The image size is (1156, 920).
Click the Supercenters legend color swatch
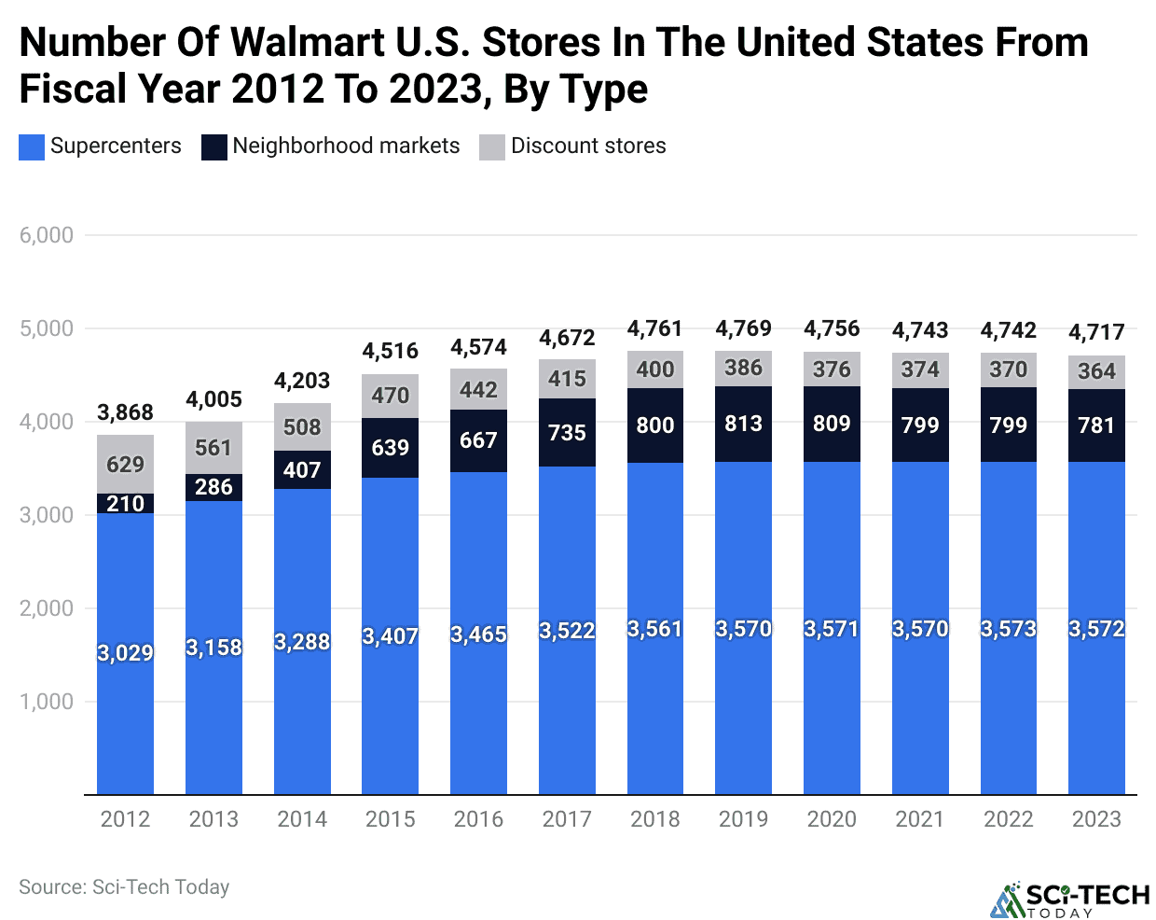31,147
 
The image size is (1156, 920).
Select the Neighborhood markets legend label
346,146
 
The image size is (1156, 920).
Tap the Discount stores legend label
588,146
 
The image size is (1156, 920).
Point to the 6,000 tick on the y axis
47,235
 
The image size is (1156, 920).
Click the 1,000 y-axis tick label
47,702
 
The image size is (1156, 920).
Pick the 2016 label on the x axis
478,819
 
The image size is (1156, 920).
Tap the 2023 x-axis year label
1096,819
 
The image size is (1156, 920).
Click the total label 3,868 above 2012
125,412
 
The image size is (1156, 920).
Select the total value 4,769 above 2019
743,328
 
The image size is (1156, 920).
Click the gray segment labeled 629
125,465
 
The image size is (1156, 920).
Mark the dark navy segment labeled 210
125,504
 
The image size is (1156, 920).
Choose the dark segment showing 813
743,424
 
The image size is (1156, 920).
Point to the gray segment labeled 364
1096,371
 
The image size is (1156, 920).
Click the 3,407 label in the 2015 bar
390,636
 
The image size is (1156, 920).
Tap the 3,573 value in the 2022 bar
1008,629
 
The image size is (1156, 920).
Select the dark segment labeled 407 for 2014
302,470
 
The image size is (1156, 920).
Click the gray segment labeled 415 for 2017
567,379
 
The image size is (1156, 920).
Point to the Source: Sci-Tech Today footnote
124,887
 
